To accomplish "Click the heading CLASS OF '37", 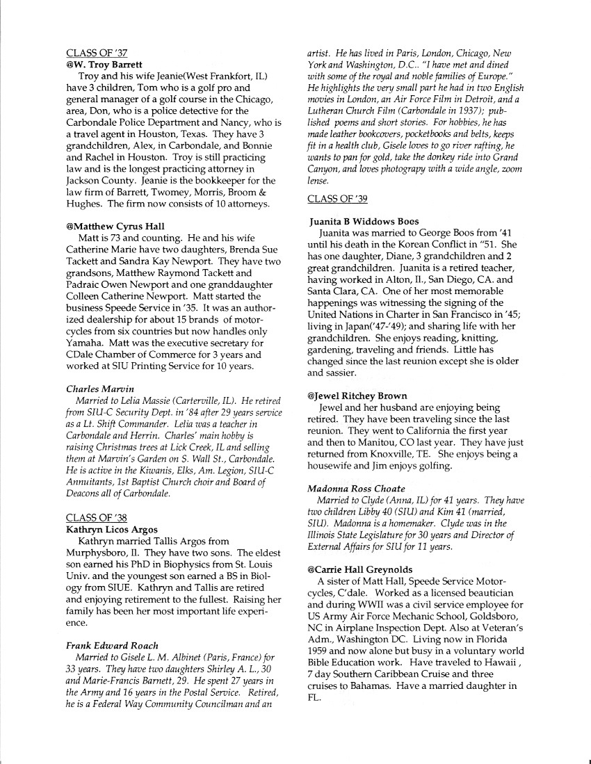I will (97, 53).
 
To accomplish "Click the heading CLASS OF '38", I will (97, 517).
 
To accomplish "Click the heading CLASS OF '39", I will (337, 199).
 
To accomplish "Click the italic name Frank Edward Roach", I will (112, 645).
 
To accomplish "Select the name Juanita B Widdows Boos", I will (365, 222).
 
